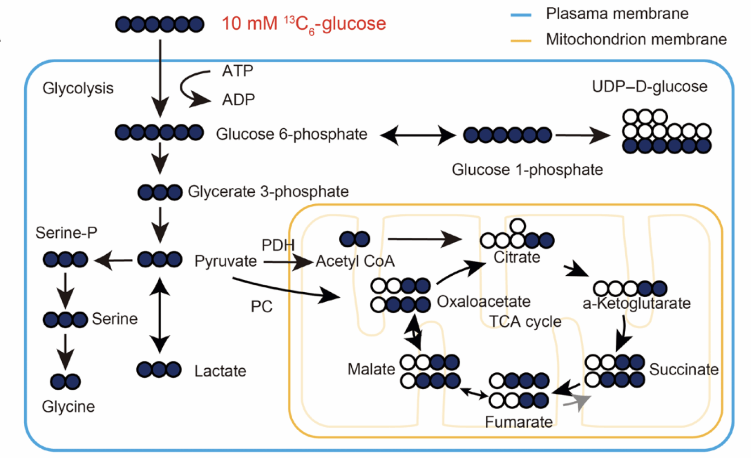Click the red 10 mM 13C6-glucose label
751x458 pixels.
(x=304, y=24)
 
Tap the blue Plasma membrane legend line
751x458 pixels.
(x=521, y=15)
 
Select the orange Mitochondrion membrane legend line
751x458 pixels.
(x=521, y=41)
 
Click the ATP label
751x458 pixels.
(x=237, y=71)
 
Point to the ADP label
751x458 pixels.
(x=238, y=99)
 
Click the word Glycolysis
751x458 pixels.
(x=78, y=88)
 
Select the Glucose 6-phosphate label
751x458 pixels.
(x=291, y=134)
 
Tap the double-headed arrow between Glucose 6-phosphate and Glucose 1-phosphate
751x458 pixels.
(x=418, y=135)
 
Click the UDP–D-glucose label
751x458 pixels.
(x=649, y=87)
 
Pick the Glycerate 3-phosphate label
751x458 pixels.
(x=268, y=191)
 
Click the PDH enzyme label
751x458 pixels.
(x=278, y=245)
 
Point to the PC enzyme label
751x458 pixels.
(x=261, y=306)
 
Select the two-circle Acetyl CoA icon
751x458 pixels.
(x=355, y=239)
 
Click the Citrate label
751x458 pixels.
(x=517, y=257)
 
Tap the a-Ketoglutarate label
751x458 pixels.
(x=636, y=303)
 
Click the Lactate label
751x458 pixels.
(x=220, y=371)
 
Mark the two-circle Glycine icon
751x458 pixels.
(x=65, y=382)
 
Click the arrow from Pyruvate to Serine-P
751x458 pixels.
(x=113, y=261)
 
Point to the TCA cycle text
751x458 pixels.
(x=525, y=322)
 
